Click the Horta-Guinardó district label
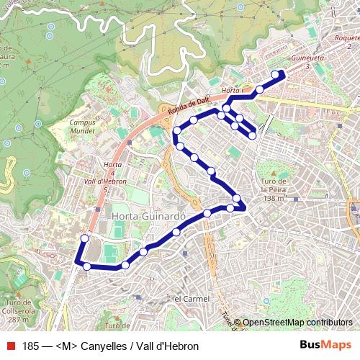(x=149, y=215)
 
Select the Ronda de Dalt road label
(x=188, y=104)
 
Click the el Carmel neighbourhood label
(x=192, y=298)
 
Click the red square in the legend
(x=10, y=346)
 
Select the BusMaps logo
(x=326, y=346)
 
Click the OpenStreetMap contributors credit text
(x=297, y=323)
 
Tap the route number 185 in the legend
(x=32, y=346)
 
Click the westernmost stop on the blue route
(x=84, y=238)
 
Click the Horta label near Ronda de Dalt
(x=230, y=90)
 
